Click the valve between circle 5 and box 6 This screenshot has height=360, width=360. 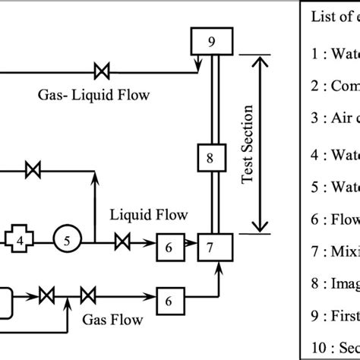pos(121,243)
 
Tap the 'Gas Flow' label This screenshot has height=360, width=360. pos(104,319)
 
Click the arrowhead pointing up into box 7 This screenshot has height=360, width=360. pos(219,264)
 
